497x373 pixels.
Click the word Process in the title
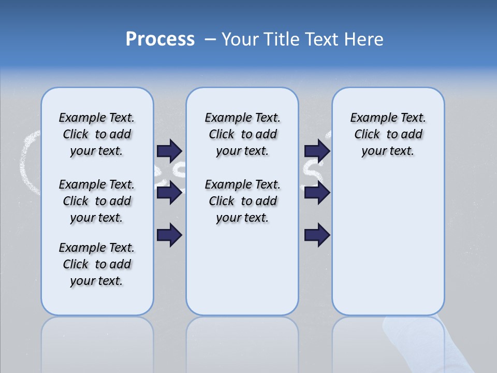[x=160, y=39]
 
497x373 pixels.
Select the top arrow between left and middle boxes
[x=169, y=151]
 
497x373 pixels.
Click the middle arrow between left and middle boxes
[x=169, y=193]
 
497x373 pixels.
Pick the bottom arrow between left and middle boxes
[x=169, y=235]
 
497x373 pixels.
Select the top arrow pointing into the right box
[x=317, y=151]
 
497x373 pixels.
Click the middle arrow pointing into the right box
[x=317, y=193]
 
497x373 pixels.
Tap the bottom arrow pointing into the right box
[x=317, y=235]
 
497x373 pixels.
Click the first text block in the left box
[x=97, y=134]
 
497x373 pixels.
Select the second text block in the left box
[x=97, y=201]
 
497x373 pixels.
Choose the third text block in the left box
[x=97, y=264]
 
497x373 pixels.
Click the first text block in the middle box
[x=242, y=134]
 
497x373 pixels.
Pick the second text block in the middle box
[x=242, y=201]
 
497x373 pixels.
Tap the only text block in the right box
[x=388, y=134]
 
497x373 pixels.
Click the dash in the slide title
[x=210, y=39]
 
